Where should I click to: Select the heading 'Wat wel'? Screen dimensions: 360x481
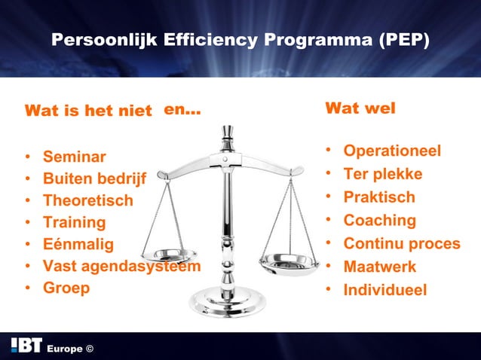[360, 108]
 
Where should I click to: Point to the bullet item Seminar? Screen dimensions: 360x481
[75, 157]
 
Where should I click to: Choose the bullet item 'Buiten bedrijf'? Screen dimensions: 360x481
[94, 179]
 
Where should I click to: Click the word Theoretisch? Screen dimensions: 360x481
[87, 201]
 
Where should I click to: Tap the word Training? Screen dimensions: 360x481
[75, 223]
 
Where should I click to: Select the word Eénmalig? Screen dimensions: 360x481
[78, 244]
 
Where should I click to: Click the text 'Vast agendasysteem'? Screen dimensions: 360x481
[121, 266]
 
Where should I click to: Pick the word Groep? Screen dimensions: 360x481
[66, 288]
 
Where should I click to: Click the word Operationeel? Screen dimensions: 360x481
[392, 151]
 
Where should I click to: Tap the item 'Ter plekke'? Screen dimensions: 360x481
[383, 175]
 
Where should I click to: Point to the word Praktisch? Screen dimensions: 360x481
[379, 197]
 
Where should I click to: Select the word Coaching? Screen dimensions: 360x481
[380, 221]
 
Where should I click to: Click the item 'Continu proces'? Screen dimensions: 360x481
[402, 244]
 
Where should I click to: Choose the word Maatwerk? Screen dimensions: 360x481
[380, 267]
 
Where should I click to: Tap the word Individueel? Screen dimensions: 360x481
[385, 290]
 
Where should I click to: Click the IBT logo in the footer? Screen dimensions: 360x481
[26, 346]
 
